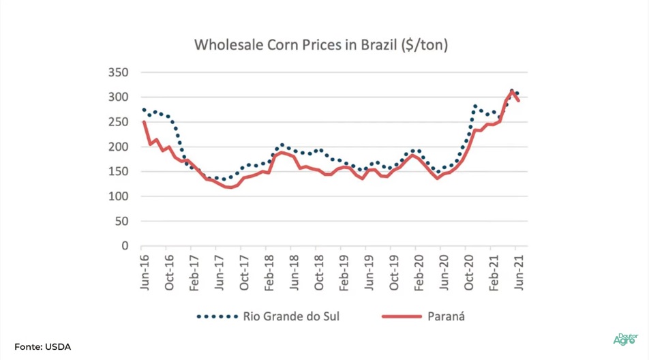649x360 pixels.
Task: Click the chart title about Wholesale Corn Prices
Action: point(321,45)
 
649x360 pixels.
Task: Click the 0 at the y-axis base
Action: point(125,246)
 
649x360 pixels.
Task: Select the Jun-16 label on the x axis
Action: point(145,273)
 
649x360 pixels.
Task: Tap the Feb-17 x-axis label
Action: point(194,273)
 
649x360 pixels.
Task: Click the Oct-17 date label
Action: point(244,273)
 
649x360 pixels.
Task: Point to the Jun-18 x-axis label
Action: point(294,273)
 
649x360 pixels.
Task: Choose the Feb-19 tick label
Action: point(344,273)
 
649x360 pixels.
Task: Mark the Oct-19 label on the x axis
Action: point(394,273)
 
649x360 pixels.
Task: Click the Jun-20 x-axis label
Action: point(444,273)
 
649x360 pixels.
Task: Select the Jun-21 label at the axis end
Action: point(519,273)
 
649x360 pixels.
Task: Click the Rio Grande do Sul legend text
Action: point(290,316)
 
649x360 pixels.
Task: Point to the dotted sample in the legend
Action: point(216,316)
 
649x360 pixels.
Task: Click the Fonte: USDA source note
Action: point(42,347)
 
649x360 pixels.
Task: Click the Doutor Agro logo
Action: point(626,339)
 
